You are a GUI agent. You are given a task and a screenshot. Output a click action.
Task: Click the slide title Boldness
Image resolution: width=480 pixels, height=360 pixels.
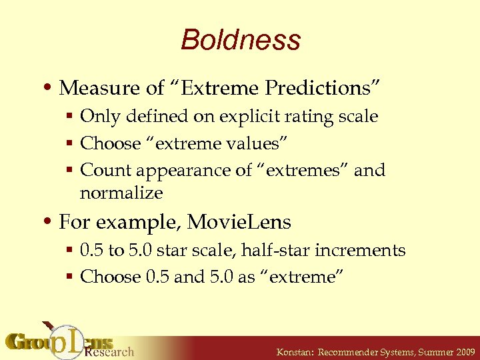click(240, 40)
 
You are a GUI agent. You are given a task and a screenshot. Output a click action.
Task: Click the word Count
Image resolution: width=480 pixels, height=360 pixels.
click(101, 170)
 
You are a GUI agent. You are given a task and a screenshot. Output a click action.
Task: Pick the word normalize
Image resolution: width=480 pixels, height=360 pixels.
click(121, 193)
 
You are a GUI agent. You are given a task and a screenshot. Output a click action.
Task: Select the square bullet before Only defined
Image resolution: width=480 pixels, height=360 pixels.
click(71, 117)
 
